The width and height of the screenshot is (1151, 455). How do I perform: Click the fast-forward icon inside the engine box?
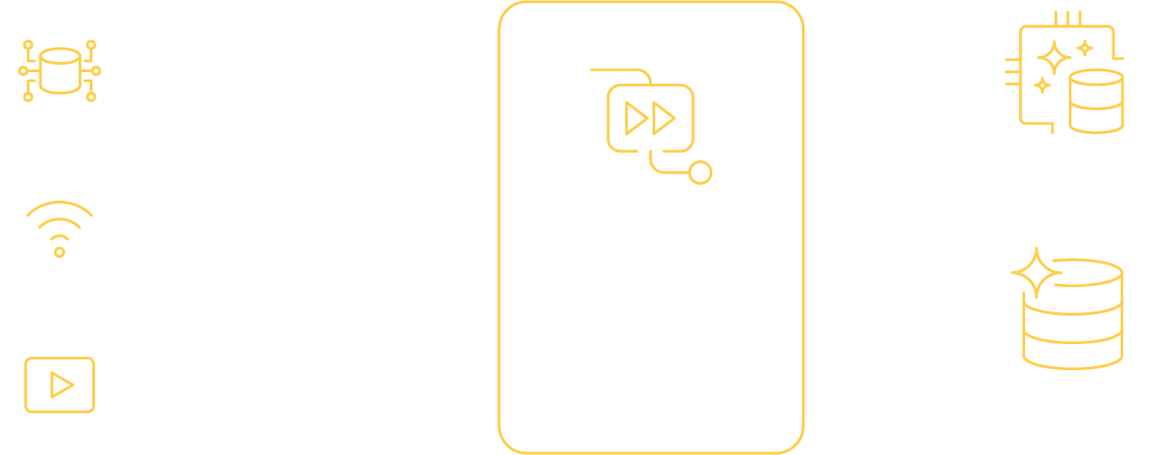pos(651,118)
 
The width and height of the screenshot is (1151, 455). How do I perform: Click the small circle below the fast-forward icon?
pos(700,173)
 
